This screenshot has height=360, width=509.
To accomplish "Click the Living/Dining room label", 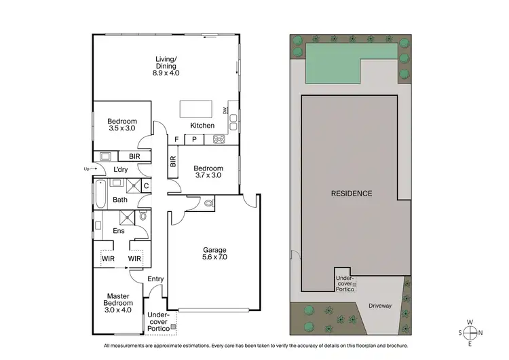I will (166, 66).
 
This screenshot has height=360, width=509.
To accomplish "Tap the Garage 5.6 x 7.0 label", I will (213, 253).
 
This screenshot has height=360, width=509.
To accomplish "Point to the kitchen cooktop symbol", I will (220, 140).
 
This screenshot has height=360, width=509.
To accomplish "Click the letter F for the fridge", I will (176, 140).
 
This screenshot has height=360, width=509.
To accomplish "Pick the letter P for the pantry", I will (194, 140).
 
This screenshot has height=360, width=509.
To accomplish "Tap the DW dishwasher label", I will (225, 111).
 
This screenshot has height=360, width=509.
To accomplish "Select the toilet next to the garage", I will (208, 202).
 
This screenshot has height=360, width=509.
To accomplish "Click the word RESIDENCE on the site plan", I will (351, 194).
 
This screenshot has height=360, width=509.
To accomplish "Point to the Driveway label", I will (381, 306).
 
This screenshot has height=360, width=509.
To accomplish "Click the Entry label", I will (156, 279).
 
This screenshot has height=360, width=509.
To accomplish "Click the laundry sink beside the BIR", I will (105, 156).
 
